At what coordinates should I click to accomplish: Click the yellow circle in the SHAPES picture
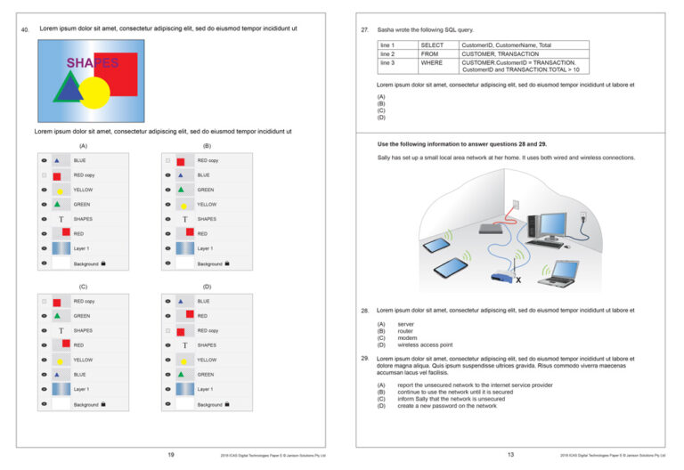pos(95,92)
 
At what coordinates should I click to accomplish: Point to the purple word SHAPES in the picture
pos(92,62)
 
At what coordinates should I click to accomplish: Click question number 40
pos(25,29)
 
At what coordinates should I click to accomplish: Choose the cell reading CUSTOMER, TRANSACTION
pos(493,53)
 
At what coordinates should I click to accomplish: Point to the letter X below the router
pos(518,281)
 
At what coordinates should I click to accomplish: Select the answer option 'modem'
pos(406,338)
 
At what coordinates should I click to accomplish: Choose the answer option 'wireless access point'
pos(425,344)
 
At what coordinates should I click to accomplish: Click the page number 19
pos(171,455)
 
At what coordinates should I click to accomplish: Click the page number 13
pos(510,455)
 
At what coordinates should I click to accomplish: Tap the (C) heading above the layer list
pos(83,287)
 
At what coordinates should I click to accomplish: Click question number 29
pos(365,359)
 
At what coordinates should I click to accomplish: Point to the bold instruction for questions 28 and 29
pos(475,143)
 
